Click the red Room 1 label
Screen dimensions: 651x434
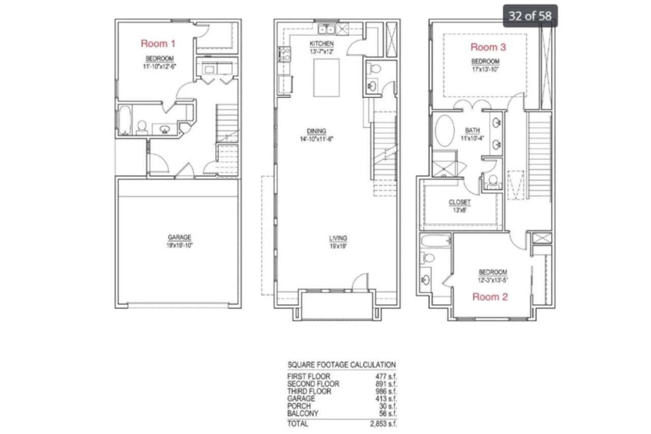click(158, 44)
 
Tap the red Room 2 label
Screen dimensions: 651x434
click(490, 297)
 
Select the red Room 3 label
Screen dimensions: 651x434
click(488, 47)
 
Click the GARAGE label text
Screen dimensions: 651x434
click(180, 237)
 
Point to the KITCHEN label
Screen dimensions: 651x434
click(321, 44)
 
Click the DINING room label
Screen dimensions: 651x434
click(316, 131)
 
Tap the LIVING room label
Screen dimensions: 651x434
click(338, 238)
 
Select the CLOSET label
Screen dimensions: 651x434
click(459, 202)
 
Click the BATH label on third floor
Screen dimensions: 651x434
click(472, 130)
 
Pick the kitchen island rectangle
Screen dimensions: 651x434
click(327, 78)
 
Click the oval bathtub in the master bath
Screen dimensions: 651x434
click(445, 131)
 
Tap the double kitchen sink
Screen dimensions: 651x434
click(327, 30)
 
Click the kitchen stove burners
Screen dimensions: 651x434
click(285, 54)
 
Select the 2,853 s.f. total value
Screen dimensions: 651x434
click(383, 424)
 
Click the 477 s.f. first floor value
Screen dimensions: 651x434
click(386, 377)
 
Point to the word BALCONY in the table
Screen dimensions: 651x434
click(303, 413)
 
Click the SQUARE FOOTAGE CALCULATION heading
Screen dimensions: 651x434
click(342, 364)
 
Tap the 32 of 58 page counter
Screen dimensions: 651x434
click(530, 16)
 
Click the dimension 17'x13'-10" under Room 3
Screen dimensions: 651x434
click(485, 70)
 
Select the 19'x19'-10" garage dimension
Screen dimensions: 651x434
click(180, 245)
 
